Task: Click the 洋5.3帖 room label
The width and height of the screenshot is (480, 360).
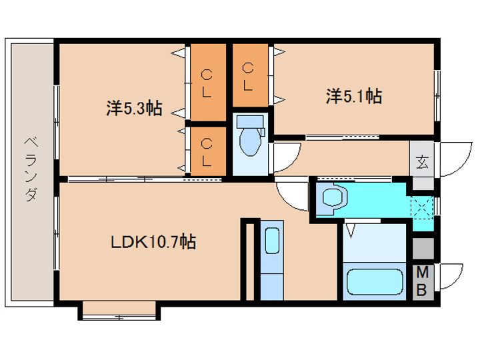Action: point(134,107)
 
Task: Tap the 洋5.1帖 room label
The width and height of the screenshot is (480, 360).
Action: point(353,97)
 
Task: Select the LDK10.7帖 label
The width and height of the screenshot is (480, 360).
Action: point(153,242)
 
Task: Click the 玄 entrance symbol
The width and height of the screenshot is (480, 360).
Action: point(422,161)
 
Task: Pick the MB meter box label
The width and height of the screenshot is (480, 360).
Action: point(422,281)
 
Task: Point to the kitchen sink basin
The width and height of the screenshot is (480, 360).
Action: point(271,241)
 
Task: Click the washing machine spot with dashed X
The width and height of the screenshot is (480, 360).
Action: point(423,206)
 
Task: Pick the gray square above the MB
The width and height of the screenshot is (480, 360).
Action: point(422,248)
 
